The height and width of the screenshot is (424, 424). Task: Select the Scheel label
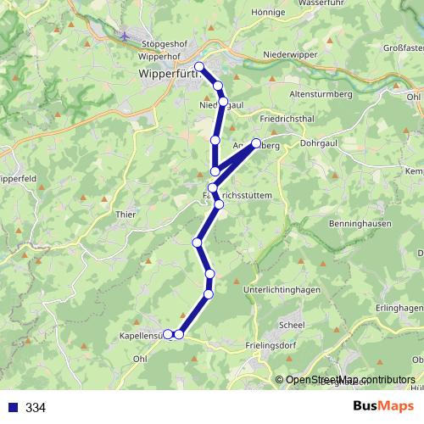[x=292, y=325]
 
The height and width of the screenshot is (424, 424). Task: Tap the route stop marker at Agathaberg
[x=256, y=143]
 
